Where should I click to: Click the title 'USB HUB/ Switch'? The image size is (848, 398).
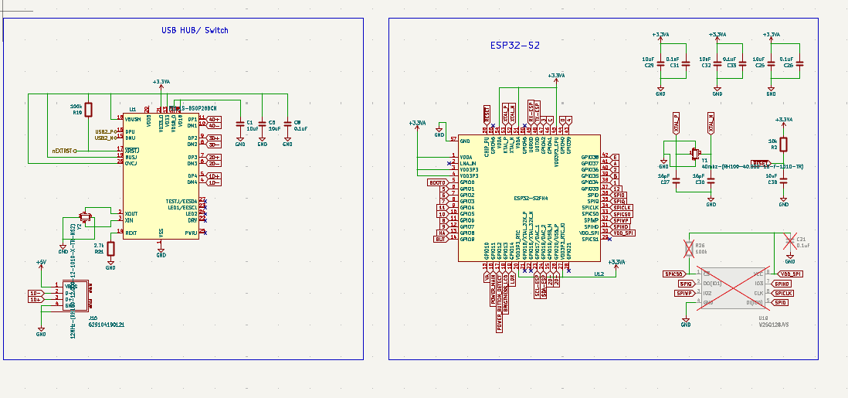tap(195, 30)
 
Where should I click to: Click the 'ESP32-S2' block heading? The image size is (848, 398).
tap(514, 46)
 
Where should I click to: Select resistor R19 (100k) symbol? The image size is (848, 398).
tap(89, 110)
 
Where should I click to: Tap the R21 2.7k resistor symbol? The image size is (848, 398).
tap(110, 249)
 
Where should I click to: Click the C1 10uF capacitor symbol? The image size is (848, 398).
tap(240, 124)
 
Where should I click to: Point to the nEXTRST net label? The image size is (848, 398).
tap(63, 151)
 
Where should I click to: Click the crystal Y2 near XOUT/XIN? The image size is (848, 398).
tap(86, 216)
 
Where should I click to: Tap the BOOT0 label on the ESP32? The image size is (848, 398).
tap(438, 182)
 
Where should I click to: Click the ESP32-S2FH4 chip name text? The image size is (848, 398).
tap(531, 199)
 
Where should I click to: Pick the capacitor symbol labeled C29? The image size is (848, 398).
tap(660, 61)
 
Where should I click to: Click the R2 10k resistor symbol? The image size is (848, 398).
tap(783, 145)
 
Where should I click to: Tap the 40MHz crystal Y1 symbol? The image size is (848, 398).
tap(694, 153)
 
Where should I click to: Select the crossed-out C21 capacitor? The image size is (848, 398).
tap(789, 242)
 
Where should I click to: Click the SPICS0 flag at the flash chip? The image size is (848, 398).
tap(673, 274)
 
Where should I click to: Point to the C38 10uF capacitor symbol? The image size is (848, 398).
tap(783, 179)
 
